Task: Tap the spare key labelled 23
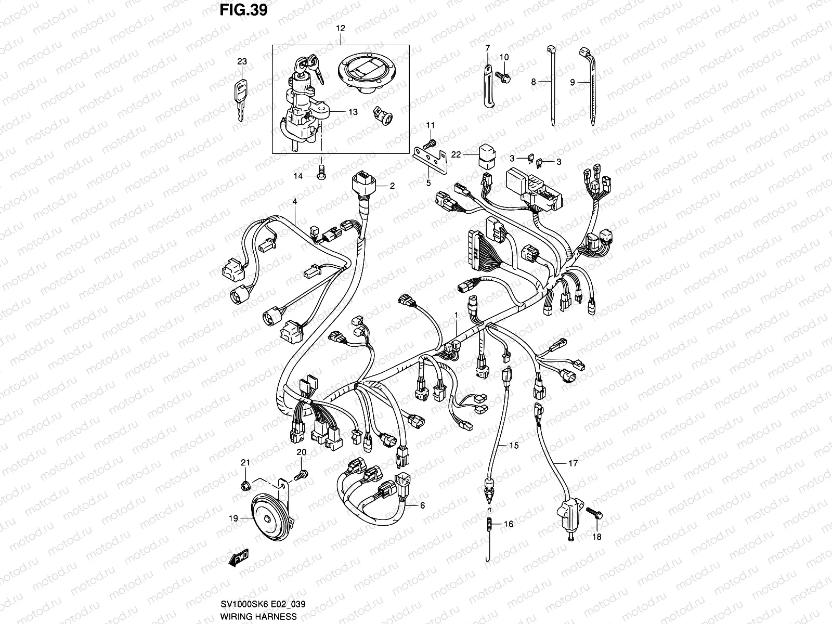(240, 99)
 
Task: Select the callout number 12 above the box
(340, 29)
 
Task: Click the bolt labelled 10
(505, 77)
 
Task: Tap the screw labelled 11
(431, 142)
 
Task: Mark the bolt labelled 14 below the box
(321, 174)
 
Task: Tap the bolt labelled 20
(302, 474)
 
